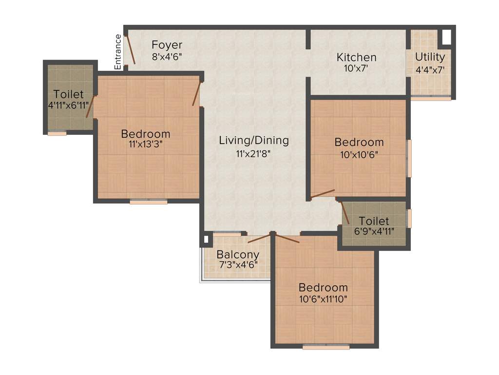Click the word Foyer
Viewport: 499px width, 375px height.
click(167, 45)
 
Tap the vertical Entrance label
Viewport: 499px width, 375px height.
click(117, 51)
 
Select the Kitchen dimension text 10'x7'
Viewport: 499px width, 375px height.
click(356, 69)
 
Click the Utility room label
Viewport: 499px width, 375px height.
click(430, 57)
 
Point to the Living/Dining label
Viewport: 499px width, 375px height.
click(253, 141)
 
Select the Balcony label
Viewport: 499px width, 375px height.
click(238, 254)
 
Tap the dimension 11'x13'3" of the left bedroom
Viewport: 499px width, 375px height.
click(146, 145)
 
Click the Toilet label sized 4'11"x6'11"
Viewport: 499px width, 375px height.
click(69, 94)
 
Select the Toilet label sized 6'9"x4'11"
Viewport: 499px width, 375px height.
click(374, 221)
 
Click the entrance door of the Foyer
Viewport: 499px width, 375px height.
click(130, 49)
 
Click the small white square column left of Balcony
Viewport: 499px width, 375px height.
click(205, 240)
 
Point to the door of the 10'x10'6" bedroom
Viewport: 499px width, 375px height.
click(323, 194)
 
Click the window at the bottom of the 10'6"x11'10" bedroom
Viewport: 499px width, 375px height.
click(326, 347)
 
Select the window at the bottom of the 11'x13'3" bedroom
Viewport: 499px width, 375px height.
click(148, 201)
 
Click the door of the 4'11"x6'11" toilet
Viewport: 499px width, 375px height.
click(90, 106)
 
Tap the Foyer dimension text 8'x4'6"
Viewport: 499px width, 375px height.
click(167, 57)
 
